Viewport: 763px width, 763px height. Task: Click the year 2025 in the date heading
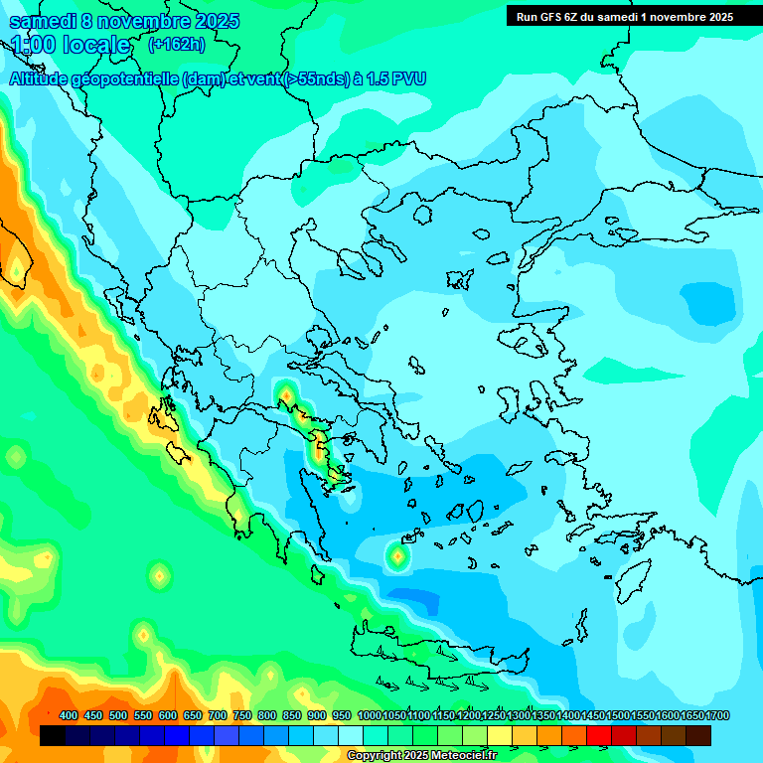click(x=210, y=22)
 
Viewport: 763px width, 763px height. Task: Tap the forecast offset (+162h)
click(x=176, y=44)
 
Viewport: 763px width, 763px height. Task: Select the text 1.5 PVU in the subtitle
click(x=394, y=78)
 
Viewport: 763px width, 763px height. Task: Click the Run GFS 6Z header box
click(x=624, y=16)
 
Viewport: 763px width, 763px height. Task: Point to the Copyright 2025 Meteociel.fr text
click(x=421, y=756)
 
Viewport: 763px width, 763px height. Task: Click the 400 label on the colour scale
click(x=69, y=716)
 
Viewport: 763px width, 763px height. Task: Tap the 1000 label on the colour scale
click(x=369, y=716)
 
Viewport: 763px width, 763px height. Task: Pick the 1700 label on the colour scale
click(x=692, y=716)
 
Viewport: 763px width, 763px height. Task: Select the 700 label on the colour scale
click(x=218, y=716)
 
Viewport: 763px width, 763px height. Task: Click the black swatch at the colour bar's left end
click(x=53, y=736)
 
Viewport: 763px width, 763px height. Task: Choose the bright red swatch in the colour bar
click(x=599, y=736)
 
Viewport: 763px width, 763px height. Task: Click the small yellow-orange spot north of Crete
click(x=397, y=557)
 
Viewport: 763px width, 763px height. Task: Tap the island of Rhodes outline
click(x=632, y=574)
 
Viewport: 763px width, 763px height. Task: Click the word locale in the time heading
click(x=95, y=45)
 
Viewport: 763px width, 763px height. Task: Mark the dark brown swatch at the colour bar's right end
click(x=698, y=736)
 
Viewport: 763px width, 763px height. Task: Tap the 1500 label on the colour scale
click(x=618, y=716)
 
